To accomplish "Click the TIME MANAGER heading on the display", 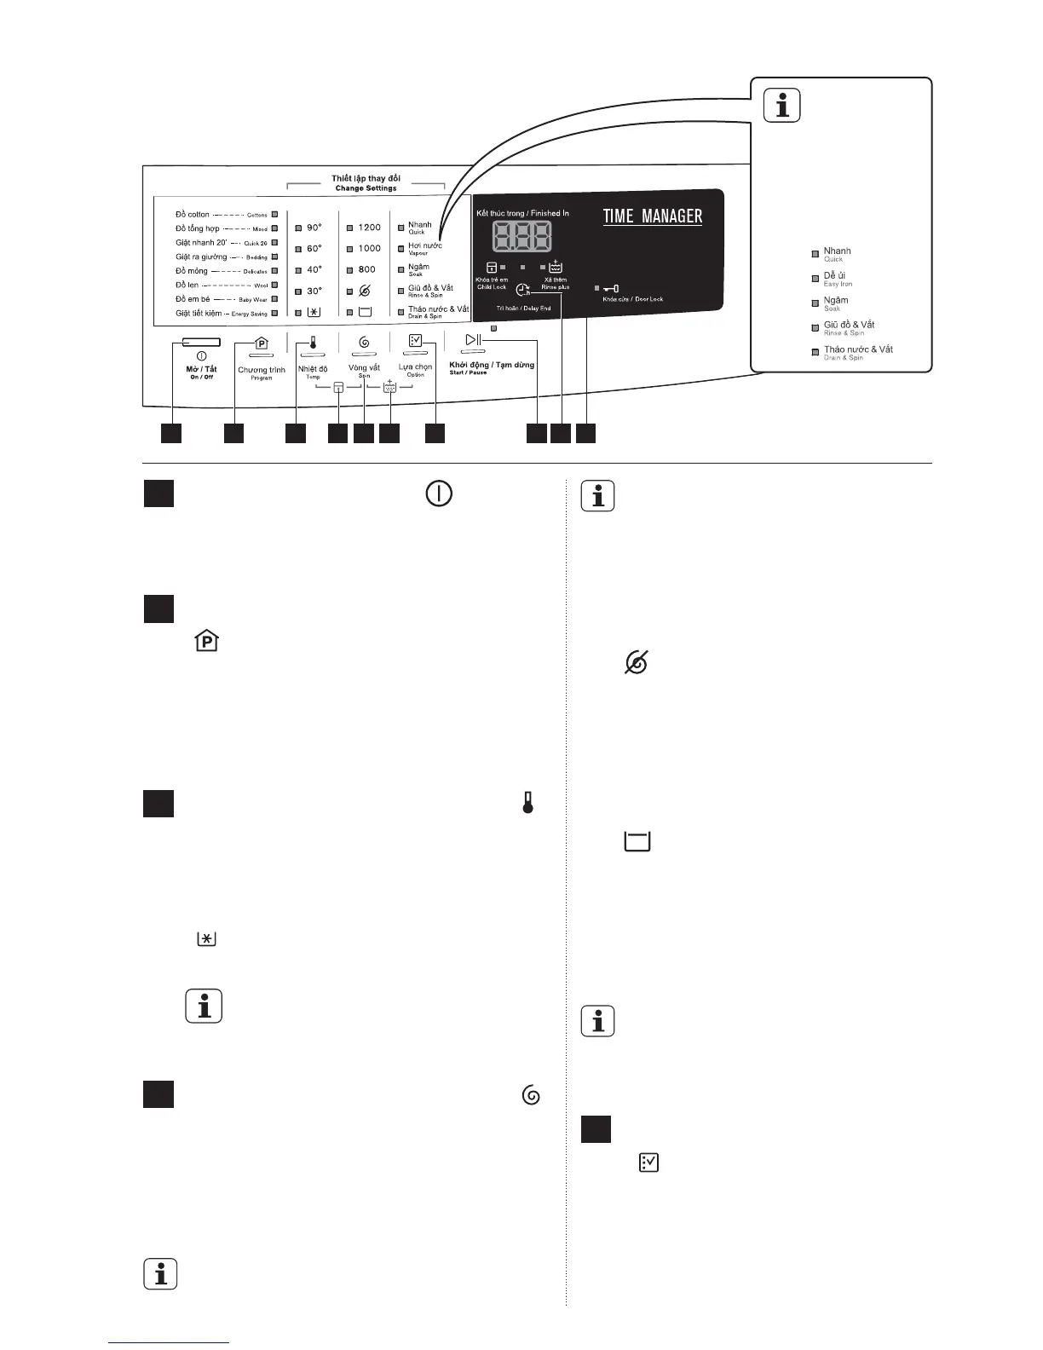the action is pos(653,216).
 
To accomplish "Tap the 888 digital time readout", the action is pos(521,236).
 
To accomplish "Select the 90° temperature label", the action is pos(314,228).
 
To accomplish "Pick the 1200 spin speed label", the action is pos(369,228).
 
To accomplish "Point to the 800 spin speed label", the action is pos(367,269).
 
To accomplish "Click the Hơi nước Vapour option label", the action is pos(424,248).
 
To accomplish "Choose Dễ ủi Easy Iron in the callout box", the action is pos(837,279).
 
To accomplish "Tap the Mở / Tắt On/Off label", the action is pos(201,372).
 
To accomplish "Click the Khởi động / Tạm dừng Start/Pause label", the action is pos(492,367).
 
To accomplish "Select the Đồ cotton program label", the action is pos(193,215).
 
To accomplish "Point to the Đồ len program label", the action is pos(187,285).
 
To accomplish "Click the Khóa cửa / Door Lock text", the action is pos(632,299).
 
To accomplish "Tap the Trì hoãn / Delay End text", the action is pos(523,309).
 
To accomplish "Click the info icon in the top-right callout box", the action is pos(781,105).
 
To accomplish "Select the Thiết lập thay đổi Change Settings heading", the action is pos(366,182).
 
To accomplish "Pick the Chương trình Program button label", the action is pos(262,372).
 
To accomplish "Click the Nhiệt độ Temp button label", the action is pos(313,372).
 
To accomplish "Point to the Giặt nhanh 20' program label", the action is pos(202,243).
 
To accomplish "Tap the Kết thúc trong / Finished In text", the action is pos(522,213).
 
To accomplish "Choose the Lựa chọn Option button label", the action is pos(416,370).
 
